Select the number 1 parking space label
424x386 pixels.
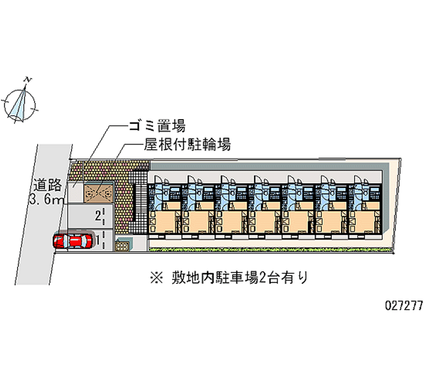click(98, 239)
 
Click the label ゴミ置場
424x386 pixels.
click(157, 126)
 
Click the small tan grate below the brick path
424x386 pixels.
click(122, 246)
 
